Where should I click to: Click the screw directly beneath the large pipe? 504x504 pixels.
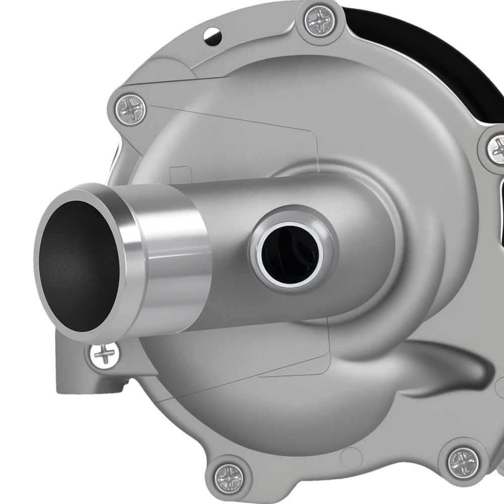coord(104,355)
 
